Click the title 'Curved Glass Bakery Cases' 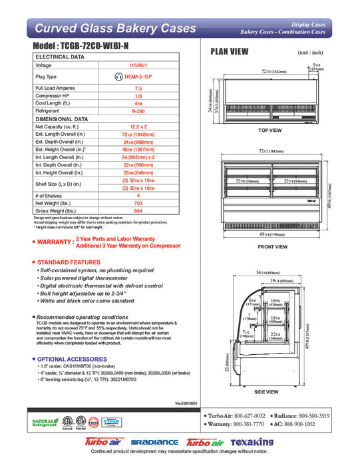114,29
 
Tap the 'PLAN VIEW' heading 230,51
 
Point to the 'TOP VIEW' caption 270,130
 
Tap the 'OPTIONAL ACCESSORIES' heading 72,359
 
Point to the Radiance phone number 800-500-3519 325,415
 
